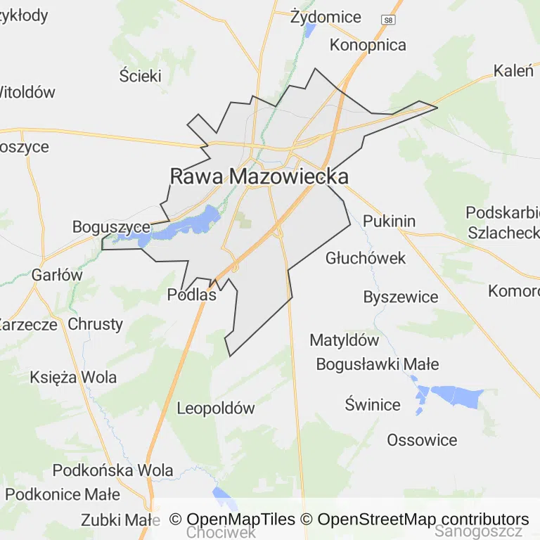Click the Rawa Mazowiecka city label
point(259,176)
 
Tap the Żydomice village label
point(326,17)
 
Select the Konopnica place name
point(368,45)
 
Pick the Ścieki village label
point(140,76)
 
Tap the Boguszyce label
point(111,227)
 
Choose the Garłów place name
point(57,276)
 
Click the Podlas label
point(191,295)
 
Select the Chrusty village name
point(95,324)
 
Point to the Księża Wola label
point(73,377)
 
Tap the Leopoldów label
point(215,408)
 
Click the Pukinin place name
point(389,221)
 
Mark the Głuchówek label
point(366,258)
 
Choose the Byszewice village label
point(400,297)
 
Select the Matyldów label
point(344,340)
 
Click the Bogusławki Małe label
point(377,364)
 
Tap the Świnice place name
point(373,404)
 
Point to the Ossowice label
point(422,440)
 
